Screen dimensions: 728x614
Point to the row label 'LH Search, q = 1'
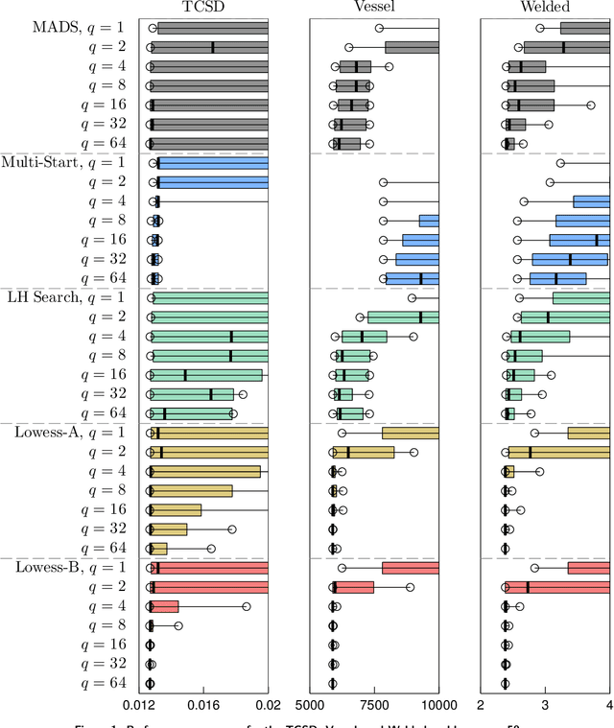pos(73,297)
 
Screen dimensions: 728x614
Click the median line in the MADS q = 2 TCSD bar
pos(213,47)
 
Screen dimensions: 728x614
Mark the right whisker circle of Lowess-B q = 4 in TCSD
pos(246,606)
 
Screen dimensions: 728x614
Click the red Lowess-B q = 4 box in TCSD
pos(164,606)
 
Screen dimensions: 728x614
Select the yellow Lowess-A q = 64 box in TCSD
pos(158,549)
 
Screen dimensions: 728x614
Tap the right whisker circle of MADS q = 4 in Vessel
pos(389,67)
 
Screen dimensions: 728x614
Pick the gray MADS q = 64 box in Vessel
pos(345,144)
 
